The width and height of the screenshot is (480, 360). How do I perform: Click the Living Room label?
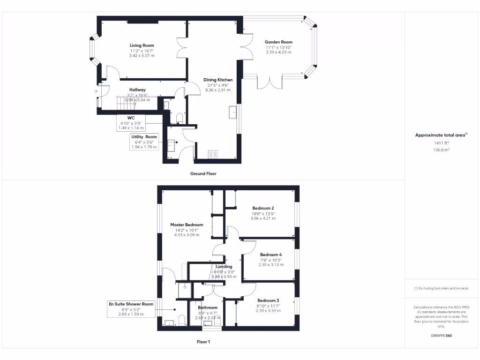tap(142, 45)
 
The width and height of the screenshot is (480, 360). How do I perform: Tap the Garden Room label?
tap(278, 42)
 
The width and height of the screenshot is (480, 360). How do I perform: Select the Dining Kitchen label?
tap(218, 80)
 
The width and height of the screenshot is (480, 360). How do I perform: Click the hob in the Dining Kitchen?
tap(213, 154)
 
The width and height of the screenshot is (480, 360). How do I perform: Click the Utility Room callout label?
tap(144, 137)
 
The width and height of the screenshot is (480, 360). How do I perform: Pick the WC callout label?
tap(131, 118)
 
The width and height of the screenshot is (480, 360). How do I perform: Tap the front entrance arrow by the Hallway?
tap(96, 91)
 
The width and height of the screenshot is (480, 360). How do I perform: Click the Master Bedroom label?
tap(187, 225)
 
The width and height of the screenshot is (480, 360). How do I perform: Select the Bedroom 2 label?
tap(263, 208)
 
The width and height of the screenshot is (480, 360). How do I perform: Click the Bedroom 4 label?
tap(271, 255)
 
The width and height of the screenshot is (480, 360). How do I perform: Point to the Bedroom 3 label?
tap(268, 300)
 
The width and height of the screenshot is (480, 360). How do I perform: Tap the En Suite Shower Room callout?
tap(131, 304)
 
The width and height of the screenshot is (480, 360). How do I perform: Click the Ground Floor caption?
tap(203, 173)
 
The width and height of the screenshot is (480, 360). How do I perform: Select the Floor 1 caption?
tap(203, 342)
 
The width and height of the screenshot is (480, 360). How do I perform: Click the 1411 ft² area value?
tap(441, 143)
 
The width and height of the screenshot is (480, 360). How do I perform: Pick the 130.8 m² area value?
tap(441, 150)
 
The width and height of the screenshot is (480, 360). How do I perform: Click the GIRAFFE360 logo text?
tap(441, 336)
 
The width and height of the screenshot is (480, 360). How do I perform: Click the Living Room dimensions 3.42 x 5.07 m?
tap(142, 55)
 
